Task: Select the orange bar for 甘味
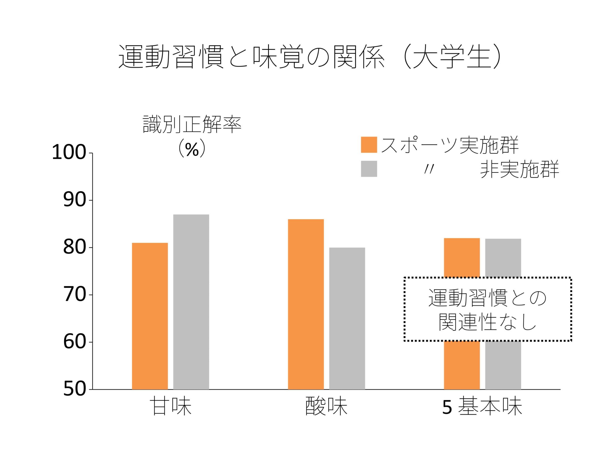(150, 316)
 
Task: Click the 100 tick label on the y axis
(69, 153)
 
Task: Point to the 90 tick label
(74, 200)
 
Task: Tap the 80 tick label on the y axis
(74, 248)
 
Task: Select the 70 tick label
(74, 295)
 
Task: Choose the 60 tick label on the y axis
(74, 342)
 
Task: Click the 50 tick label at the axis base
(74, 389)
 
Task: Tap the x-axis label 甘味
(171, 407)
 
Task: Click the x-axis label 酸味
(326, 407)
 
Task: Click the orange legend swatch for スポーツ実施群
(369, 145)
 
